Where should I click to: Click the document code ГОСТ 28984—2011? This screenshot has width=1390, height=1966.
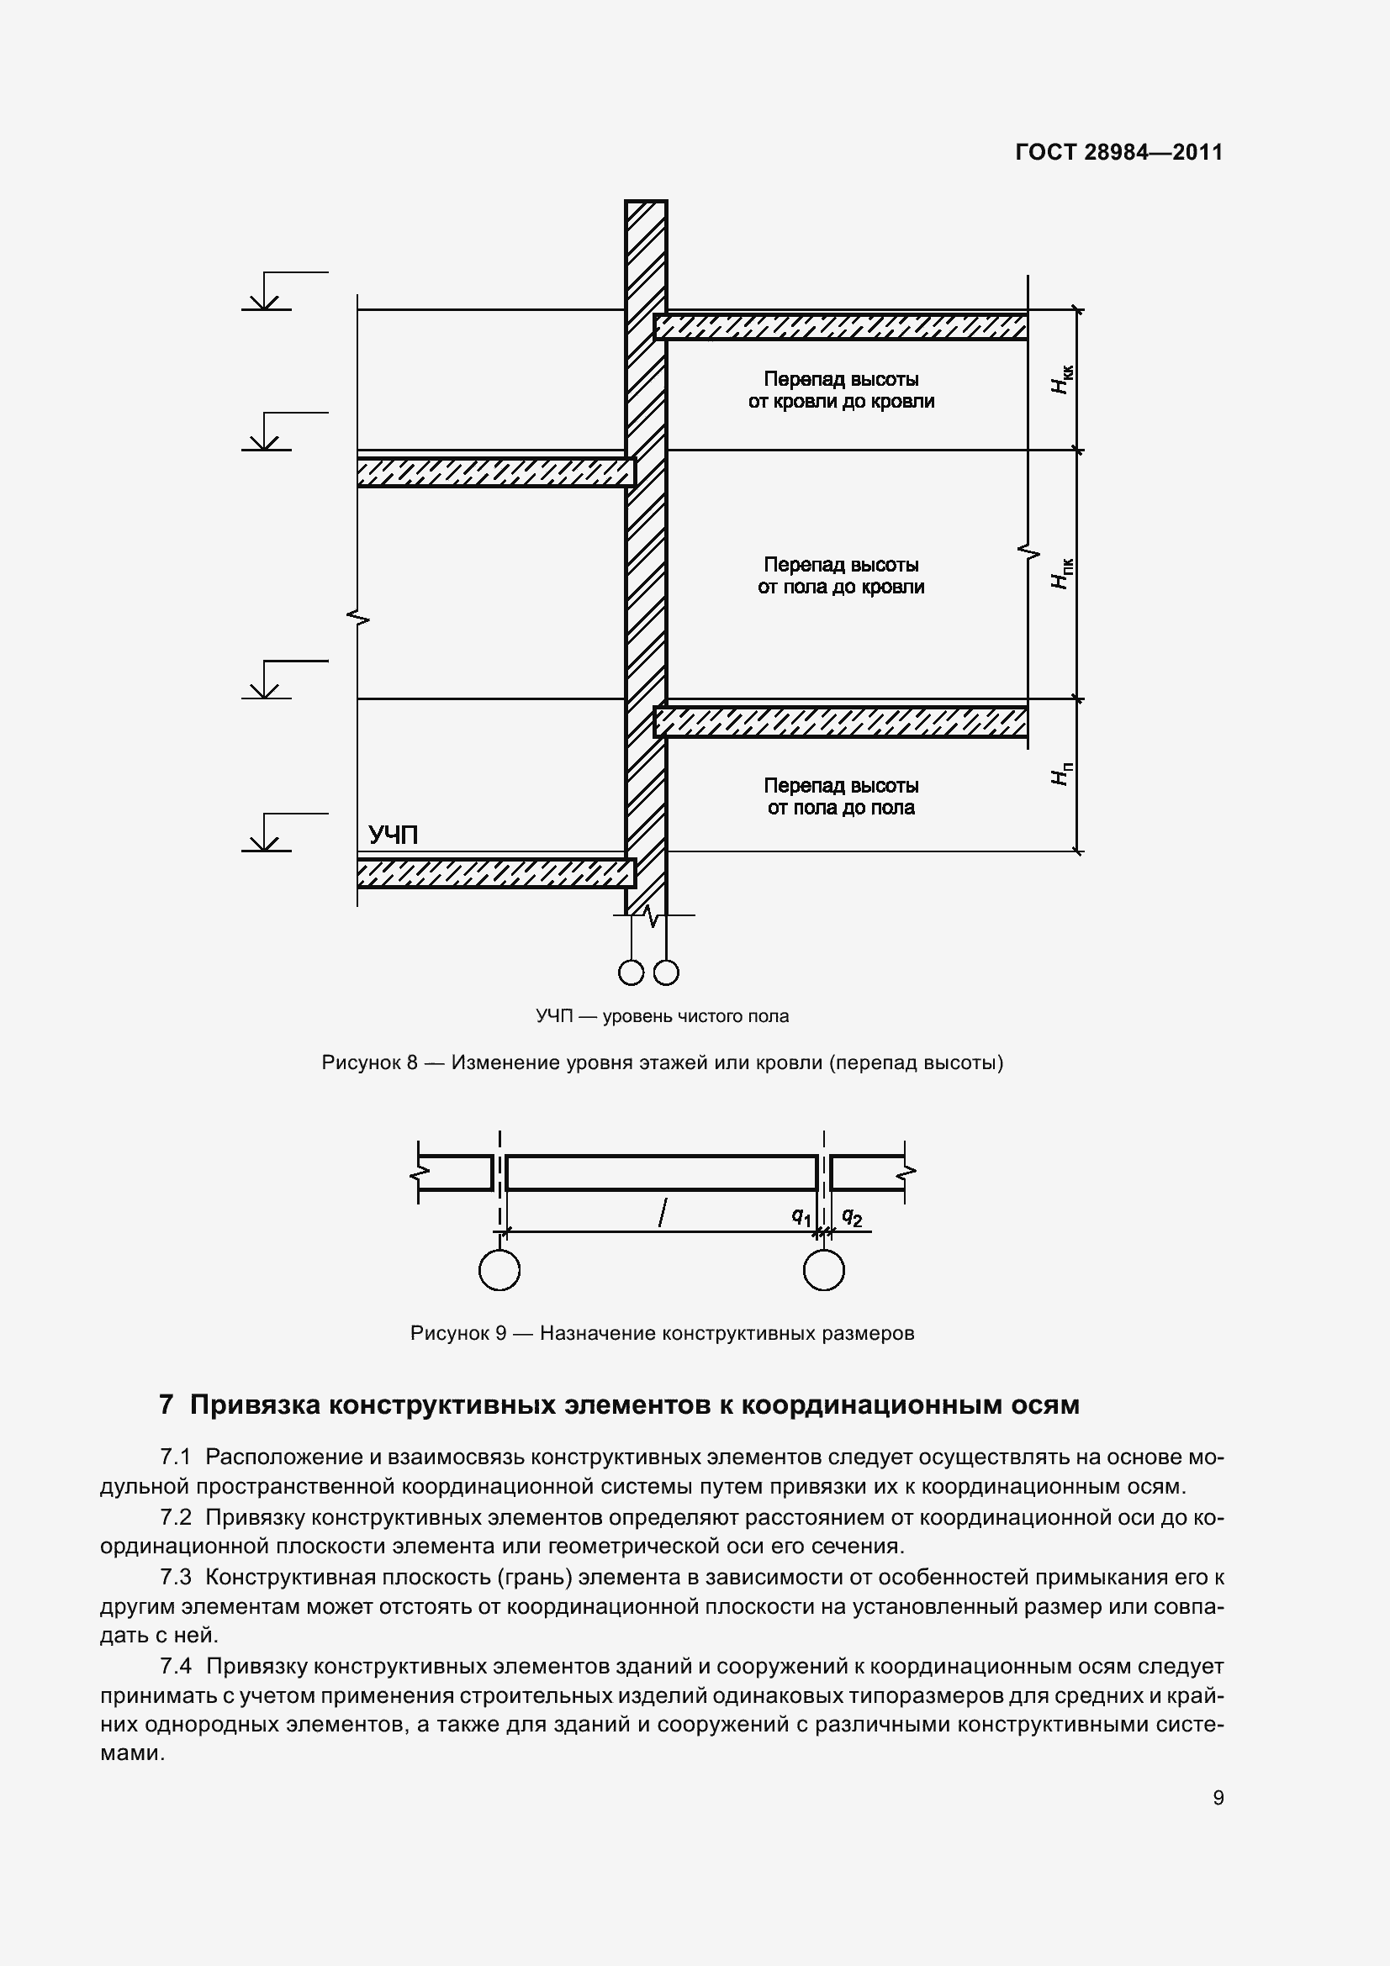click(1118, 152)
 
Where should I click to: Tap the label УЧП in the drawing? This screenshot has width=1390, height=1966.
click(393, 835)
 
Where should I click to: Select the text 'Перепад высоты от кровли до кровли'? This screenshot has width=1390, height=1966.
click(841, 391)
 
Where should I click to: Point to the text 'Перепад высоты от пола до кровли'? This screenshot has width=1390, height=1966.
click(841, 576)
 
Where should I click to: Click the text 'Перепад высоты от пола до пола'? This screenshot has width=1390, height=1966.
click(841, 796)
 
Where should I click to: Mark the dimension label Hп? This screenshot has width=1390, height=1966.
click(1061, 774)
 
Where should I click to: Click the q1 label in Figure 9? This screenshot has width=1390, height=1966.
click(801, 1216)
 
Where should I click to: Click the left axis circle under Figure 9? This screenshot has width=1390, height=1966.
click(499, 1269)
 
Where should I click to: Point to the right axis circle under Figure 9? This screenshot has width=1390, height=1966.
click(824, 1269)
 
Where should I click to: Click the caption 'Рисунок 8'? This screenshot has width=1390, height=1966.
click(369, 1063)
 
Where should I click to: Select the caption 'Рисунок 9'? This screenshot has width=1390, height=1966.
click(458, 1333)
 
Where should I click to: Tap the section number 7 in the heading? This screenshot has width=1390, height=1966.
click(167, 1406)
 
